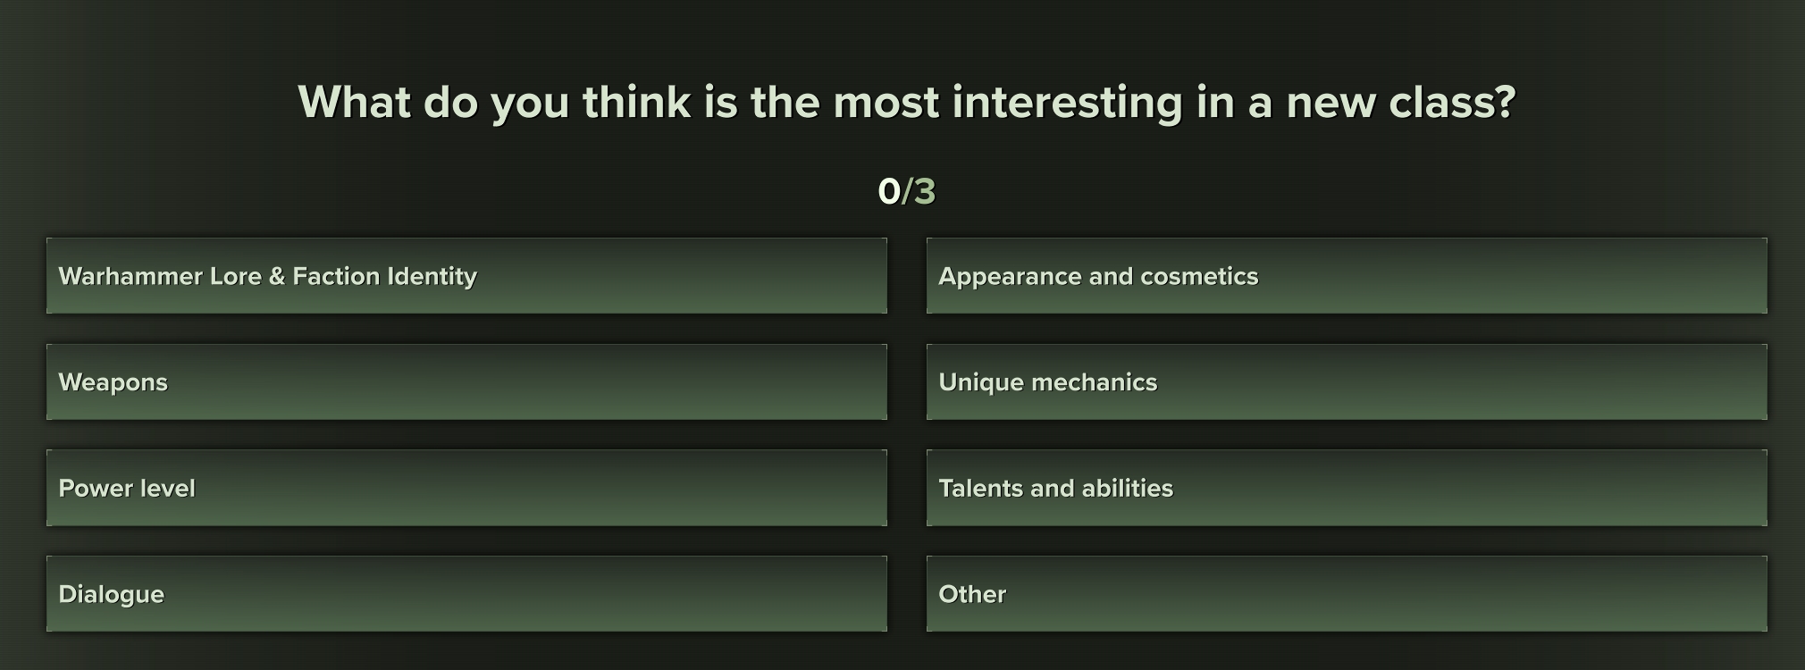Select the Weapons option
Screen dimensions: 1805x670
pyautogui.click(x=466, y=381)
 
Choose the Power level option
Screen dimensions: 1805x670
pyautogui.click(x=466, y=488)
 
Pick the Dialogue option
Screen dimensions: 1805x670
pyautogui.click(x=466, y=594)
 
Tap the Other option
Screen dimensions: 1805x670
pyautogui.click(x=1347, y=594)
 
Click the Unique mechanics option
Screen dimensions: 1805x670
pyautogui.click(x=1347, y=381)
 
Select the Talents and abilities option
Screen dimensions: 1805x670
pyautogui.click(x=1347, y=488)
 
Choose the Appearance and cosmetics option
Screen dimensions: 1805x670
pyautogui.click(x=1347, y=275)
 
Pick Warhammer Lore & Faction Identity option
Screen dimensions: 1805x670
pyautogui.click(x=466, y=275)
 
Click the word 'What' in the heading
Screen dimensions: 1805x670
pyautogui.click(x=356, y=102)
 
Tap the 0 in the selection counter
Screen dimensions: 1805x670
pyautogui.click(x=889, y=191)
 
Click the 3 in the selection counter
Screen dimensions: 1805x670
pyautogui.click(x=924, y=191)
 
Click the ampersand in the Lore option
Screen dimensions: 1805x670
pyautogui.click(x=276, y=276)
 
